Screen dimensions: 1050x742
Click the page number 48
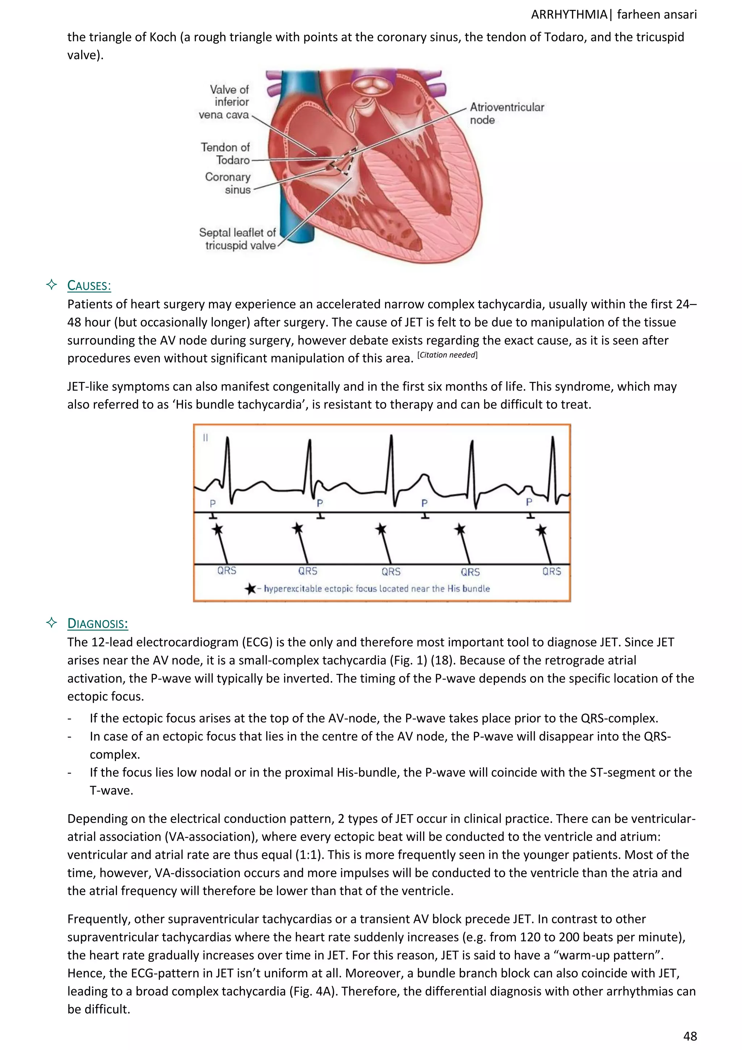690,1036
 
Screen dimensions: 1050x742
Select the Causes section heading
89,286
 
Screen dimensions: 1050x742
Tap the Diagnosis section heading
97,624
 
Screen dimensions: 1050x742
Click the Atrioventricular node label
507,114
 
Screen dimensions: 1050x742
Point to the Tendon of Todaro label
225,154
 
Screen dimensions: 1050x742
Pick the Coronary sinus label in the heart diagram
228,183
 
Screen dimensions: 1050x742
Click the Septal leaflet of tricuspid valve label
238,239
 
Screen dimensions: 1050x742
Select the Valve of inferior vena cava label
224,102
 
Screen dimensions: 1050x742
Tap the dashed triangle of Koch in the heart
343,161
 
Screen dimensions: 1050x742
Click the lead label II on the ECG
205,438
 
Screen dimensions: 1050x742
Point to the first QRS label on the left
226,571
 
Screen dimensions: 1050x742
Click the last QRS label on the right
551,571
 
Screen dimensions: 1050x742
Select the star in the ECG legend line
250,589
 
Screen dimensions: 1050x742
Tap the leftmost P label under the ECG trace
212,503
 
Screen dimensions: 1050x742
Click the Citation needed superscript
447,355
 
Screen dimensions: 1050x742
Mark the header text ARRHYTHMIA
569,15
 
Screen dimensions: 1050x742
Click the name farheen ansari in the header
656,15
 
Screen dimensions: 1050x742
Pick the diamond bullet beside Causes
52,285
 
